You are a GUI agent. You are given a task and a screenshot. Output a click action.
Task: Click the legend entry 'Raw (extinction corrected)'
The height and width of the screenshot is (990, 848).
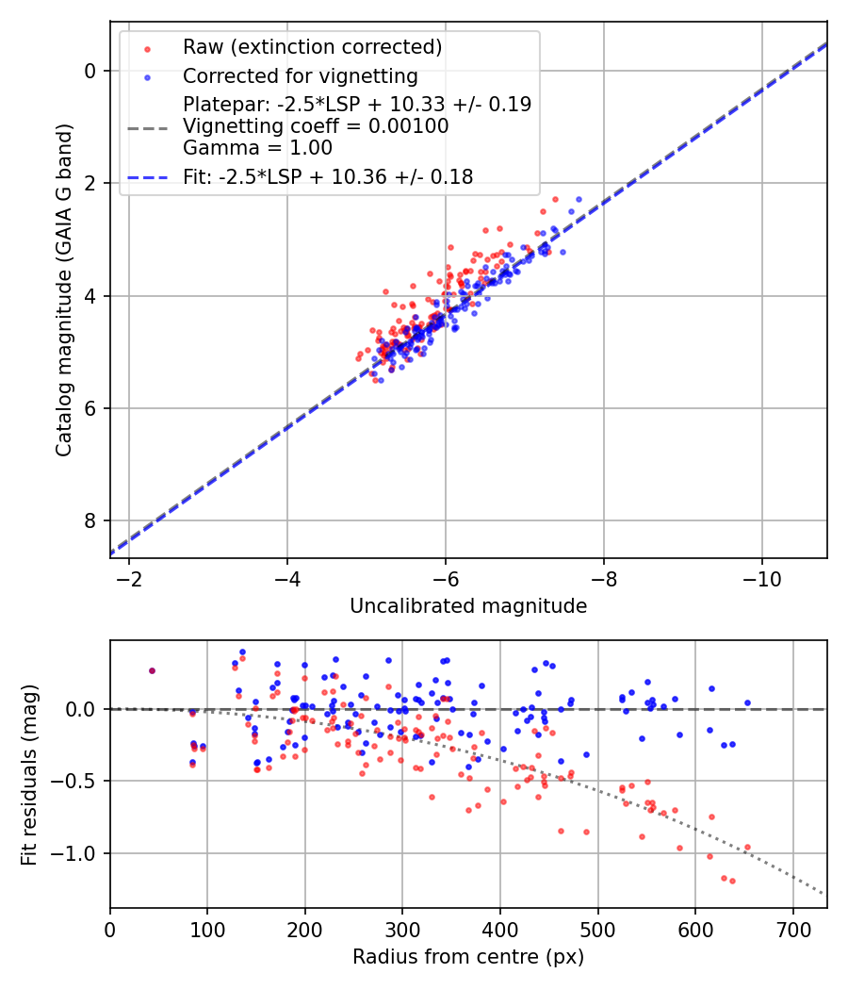pos(311,47)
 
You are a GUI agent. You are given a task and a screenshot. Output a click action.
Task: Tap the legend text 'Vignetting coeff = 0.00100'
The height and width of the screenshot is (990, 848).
pos(316,125)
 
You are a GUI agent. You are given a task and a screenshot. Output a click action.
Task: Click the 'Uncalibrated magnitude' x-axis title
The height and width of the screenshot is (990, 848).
pos(468,606)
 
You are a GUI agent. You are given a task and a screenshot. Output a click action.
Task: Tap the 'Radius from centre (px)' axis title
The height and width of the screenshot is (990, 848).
pos(468,957)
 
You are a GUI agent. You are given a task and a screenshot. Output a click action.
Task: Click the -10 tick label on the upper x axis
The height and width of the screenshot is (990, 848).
pos(761,578)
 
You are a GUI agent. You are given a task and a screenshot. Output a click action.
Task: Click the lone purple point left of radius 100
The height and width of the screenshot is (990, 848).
pos(152,670)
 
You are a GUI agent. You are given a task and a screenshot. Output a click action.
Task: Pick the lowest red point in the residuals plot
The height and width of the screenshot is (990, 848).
pos(732,881)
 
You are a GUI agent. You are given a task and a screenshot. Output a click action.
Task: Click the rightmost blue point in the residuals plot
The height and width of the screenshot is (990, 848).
pos(747,702)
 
